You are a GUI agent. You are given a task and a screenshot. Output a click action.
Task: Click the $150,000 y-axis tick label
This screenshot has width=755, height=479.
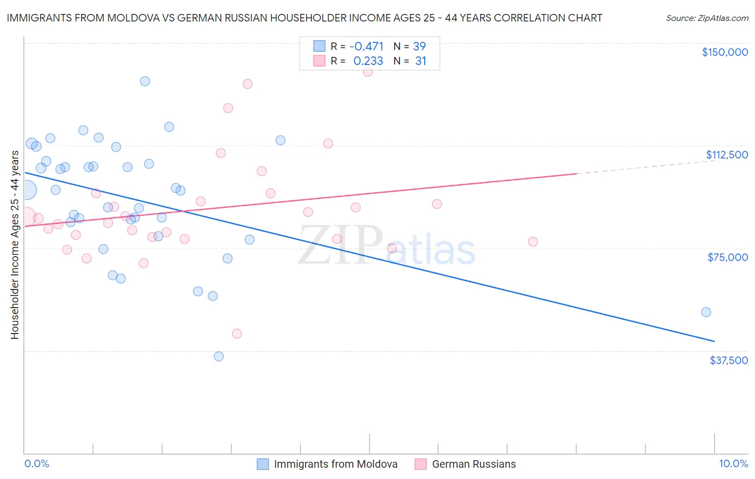724,52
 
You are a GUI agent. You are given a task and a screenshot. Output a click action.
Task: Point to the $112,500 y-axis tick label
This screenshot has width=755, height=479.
727,155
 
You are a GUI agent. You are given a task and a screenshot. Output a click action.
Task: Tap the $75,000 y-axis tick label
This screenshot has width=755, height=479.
728,257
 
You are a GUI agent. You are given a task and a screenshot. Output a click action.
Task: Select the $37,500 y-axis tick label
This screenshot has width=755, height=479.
729,360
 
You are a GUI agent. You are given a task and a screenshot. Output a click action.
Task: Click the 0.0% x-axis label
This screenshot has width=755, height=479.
37,463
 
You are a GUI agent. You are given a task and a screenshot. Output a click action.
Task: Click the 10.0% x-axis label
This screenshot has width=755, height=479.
733,463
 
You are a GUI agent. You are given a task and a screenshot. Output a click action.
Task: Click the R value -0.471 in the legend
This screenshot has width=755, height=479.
366,46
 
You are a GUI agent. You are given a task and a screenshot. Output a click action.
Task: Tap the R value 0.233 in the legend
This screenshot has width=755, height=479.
368,61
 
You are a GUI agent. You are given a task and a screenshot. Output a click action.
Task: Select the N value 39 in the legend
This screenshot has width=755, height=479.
419,46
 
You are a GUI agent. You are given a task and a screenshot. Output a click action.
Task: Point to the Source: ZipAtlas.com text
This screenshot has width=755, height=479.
707,18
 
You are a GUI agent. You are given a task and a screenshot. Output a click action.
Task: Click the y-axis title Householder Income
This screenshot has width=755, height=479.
15,245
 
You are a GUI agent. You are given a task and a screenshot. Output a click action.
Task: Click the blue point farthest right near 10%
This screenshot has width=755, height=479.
706,312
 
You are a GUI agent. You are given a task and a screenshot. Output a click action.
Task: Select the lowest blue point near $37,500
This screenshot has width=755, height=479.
219,356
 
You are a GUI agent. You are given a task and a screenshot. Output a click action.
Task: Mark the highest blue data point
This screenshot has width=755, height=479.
145,81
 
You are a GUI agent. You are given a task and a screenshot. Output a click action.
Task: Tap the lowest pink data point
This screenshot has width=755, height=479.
237,333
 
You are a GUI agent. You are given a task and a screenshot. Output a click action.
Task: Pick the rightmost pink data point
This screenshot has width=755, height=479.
533,242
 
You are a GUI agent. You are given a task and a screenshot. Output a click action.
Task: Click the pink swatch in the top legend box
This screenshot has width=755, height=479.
320,61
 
